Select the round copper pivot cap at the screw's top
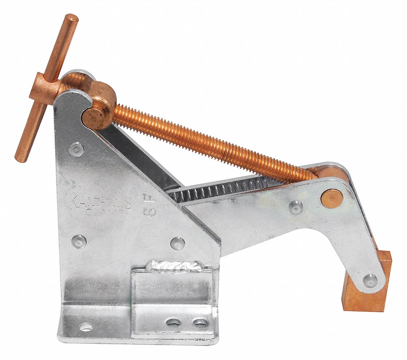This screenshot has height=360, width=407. [x=93, y=118]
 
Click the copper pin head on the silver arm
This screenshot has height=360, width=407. [x=332, y=198]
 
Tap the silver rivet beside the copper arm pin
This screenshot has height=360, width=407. [x=296, y=207]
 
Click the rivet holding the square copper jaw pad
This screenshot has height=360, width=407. [x=370, y=280]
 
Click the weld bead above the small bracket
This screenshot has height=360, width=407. [x=174, y=267]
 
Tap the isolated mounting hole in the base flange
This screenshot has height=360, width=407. [x=86, y=327]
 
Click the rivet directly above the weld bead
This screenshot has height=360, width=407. [x=177, y=243]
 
